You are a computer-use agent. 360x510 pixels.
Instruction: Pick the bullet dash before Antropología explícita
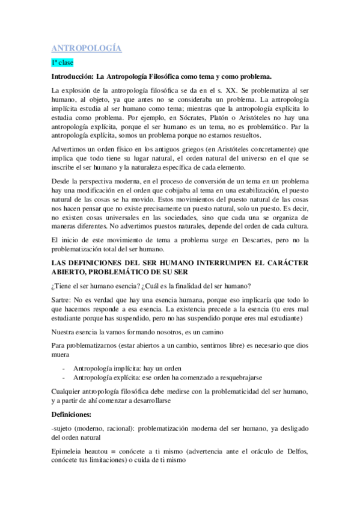pos(64,377)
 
